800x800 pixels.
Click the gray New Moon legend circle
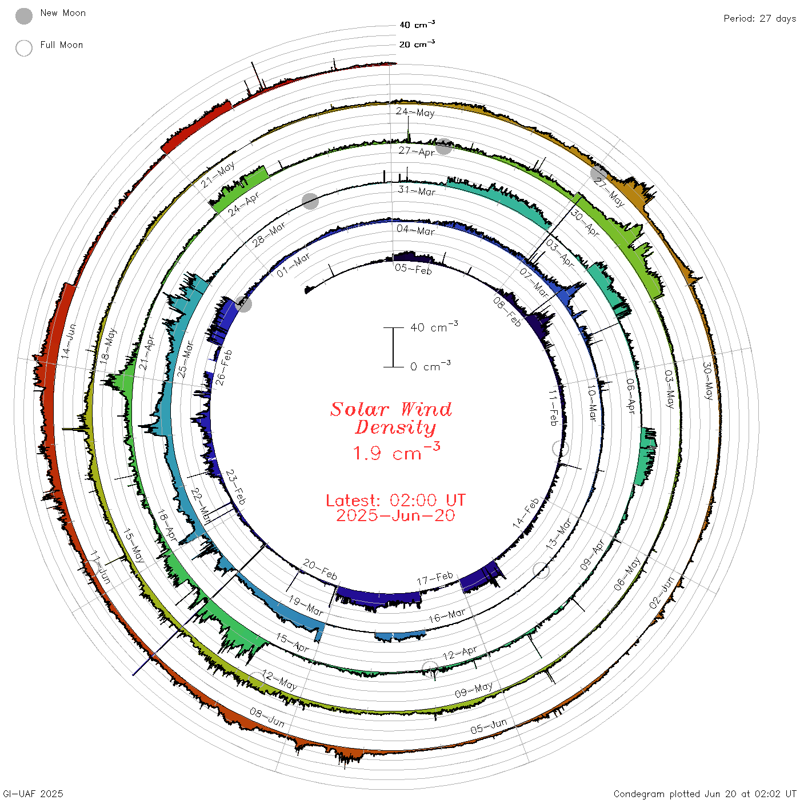point(23,16)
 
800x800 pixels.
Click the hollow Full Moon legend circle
point(23,48)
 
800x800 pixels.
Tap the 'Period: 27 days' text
point(760,19)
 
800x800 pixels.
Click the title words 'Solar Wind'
point(391,409)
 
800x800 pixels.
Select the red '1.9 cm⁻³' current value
point(397,452)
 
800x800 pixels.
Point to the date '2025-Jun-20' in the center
point(395,515)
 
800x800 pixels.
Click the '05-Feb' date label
point(414,269)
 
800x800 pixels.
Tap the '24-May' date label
point(415,112)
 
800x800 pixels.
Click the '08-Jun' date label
point(267,718)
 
